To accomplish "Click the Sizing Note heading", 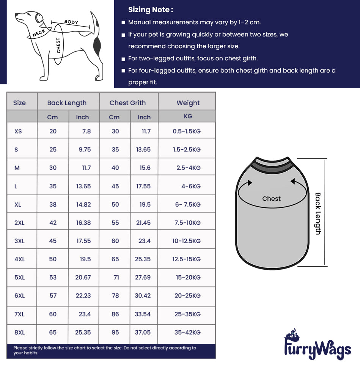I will (151, 10).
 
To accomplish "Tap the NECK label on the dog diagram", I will (39, 33).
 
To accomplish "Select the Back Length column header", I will (67, 103).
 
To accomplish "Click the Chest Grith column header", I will (127, 103).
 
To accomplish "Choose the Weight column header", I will (188, 103).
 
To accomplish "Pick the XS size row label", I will (18, 131).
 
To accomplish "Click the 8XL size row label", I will (19, 332).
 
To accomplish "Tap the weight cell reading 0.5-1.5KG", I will (187, 131).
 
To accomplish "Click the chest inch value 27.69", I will (143, 277).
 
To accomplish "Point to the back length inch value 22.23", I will (83, 295).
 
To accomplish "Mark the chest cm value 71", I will (116, 277).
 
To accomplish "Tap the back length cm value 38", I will (53, 204).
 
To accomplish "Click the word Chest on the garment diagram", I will (271, 199).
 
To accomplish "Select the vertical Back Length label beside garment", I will (318, 213).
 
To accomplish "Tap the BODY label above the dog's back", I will (71, 22).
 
